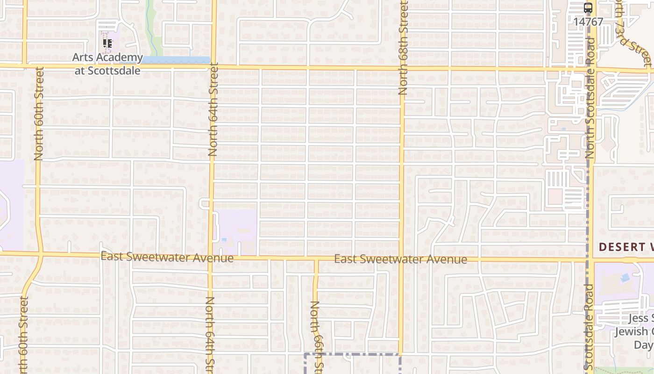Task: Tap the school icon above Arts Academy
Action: (x=107, y=43)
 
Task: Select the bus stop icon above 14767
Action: (x=588, y=8)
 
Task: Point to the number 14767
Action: (x=588, y=22)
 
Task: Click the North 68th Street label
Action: (x=403, y=48)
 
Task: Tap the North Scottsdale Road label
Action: (x=590, y=98)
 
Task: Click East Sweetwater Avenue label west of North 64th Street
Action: (x=167, y=257)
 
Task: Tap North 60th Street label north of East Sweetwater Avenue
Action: (x=39, y=114)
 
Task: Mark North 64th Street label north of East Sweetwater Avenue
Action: (x=213, y=111)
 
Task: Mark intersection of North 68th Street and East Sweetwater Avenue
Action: (x=401, y=258)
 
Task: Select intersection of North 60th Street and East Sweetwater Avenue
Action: (x=41, y=254)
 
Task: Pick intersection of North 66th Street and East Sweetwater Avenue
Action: (x=316, y=258)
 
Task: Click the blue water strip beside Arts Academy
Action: (x=175, y=60)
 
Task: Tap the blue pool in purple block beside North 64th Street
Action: (x=224, y=240)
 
